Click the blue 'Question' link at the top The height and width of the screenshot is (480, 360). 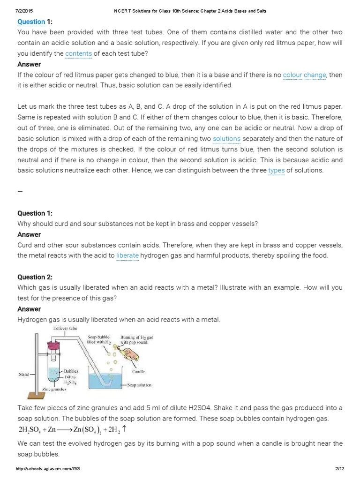click(x=31, y=22)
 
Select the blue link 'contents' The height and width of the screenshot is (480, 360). click(x=78, y=53)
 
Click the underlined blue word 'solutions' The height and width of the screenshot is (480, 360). click(x=226, y=138)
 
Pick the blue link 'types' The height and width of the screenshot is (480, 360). click(x=276, y=170)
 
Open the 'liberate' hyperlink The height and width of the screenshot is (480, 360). click(x=127, y=255)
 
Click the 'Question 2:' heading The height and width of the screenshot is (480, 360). click(x=36, y=277)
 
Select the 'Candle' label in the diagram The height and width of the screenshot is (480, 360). click(x=139, y=371)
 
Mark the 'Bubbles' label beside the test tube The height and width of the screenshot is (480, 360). click(x=71, y=371)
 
